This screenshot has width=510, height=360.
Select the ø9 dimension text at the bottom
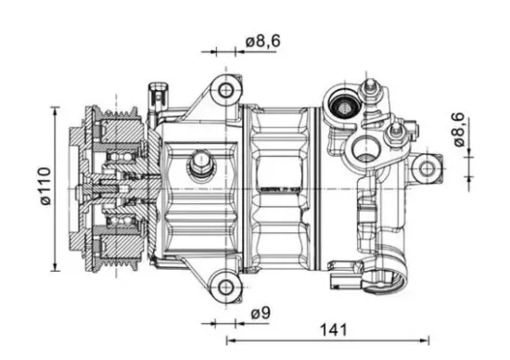[x=261, y=315]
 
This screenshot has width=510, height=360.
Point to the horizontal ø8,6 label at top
[x=265, y=41]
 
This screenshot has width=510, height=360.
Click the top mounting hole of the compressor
[x=223, y=90]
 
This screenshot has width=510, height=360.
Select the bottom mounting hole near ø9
[x=223, y=285]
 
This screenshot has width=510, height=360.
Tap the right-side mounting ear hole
[x=426, y=168]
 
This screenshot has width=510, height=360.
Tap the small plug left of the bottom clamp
[x=344, y=276]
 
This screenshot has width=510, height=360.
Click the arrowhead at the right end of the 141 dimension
[x=428, y=342]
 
